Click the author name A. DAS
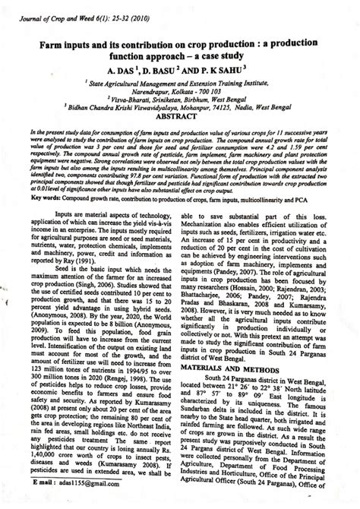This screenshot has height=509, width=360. click(122, 68)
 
